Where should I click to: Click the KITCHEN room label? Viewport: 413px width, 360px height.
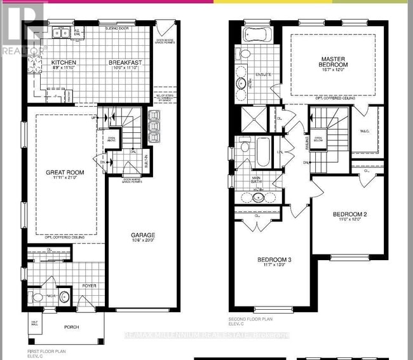pos(64,62)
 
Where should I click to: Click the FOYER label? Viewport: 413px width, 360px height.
pos(90,286)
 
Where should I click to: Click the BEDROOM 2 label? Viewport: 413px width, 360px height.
pos(350,214)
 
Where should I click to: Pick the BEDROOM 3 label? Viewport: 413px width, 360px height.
pos(274,260)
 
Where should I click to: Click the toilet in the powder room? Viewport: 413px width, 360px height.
pos(36,298)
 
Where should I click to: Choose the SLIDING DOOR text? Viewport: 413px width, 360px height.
pos(118,29)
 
